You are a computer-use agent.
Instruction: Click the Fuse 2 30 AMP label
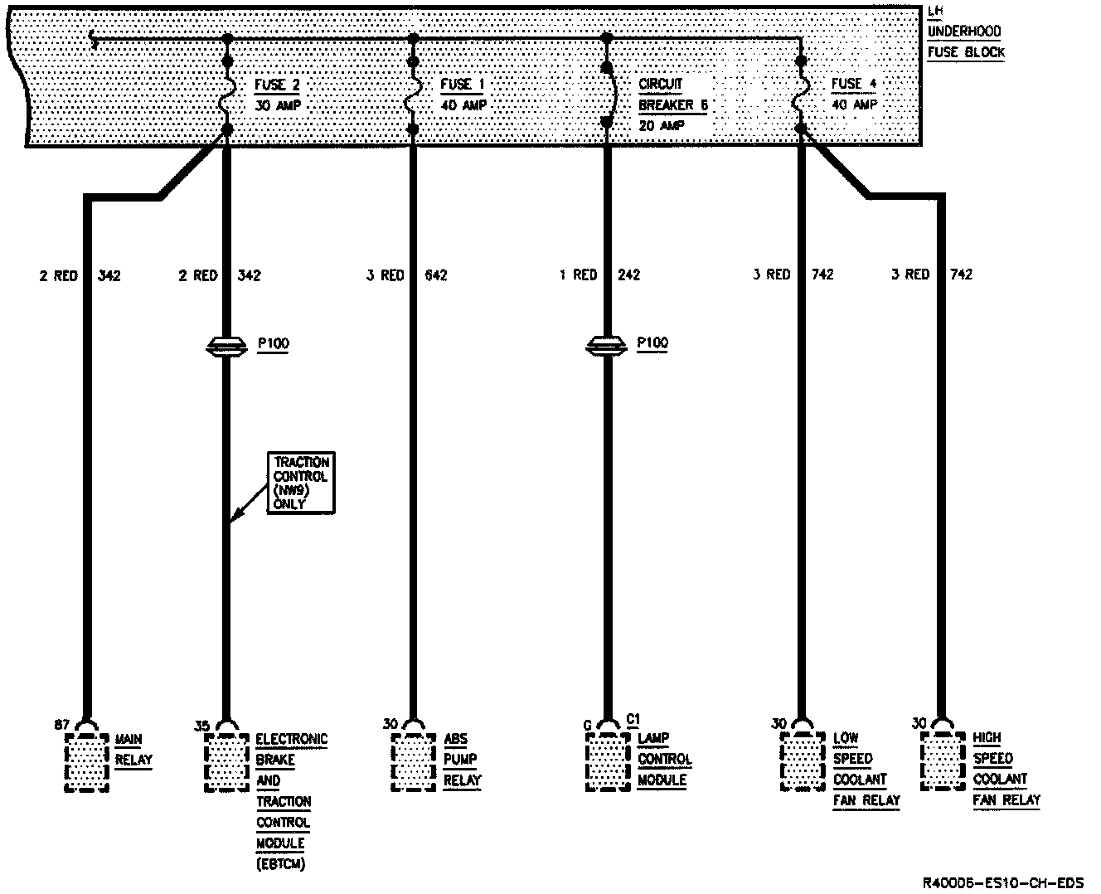click(x=277, y=95)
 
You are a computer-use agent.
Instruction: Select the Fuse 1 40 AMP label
click(x=463, y=95)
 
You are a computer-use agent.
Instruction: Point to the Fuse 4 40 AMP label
click(x=853, y=95)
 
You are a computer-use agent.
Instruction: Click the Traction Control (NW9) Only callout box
click(x=300, y=483)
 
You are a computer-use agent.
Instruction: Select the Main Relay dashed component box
click(x=87, y=762)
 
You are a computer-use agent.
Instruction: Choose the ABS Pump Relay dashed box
click(x=413, y=762)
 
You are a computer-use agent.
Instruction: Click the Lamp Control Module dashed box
click(x=609, y=762)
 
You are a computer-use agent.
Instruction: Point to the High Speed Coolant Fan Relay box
click(x=943, y=760)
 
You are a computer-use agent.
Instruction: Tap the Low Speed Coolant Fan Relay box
click(x=803, y=760)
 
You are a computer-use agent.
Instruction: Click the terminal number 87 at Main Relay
click(x=61, y=724)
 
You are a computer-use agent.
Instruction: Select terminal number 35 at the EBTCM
click(x=202, y=724)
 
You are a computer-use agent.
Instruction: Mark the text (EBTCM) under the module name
click(x=280, y=865)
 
